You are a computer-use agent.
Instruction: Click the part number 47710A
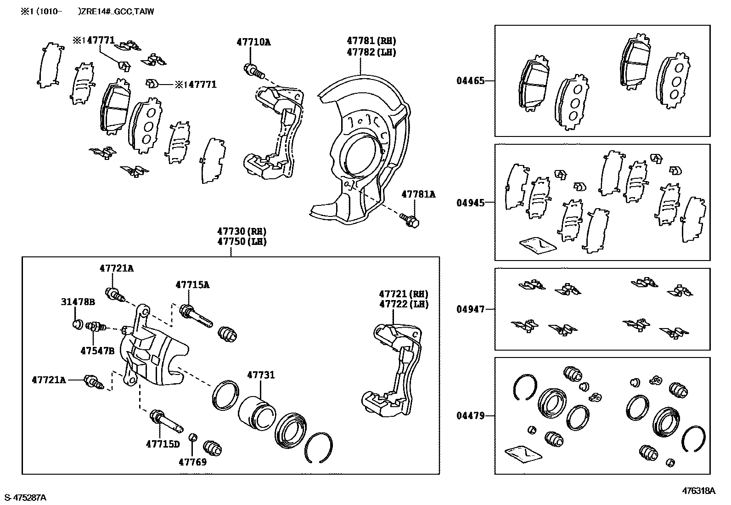(x=253, y=42)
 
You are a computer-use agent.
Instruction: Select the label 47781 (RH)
(x=371, y=41)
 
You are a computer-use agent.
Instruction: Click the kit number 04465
(x=471, y=81)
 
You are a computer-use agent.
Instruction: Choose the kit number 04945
(x=471, y=203)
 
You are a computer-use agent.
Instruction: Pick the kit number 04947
(x=471, y=309)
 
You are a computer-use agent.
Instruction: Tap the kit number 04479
(x=471, y=416)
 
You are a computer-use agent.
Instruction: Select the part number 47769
(x=192, y=462)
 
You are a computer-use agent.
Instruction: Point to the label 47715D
(x=163, y=444)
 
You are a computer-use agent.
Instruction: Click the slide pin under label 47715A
(x=196, y=316)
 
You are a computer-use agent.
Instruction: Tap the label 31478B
(x=78, y=302)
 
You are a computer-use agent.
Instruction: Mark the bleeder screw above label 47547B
(x=96, y=326)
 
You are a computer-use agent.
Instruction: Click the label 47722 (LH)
(x=404, y=304)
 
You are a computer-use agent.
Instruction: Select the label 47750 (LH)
(x=242, y=242)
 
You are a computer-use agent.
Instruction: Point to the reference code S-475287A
(x=25, y=498)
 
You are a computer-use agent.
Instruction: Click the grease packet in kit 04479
(x=523, y=454)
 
